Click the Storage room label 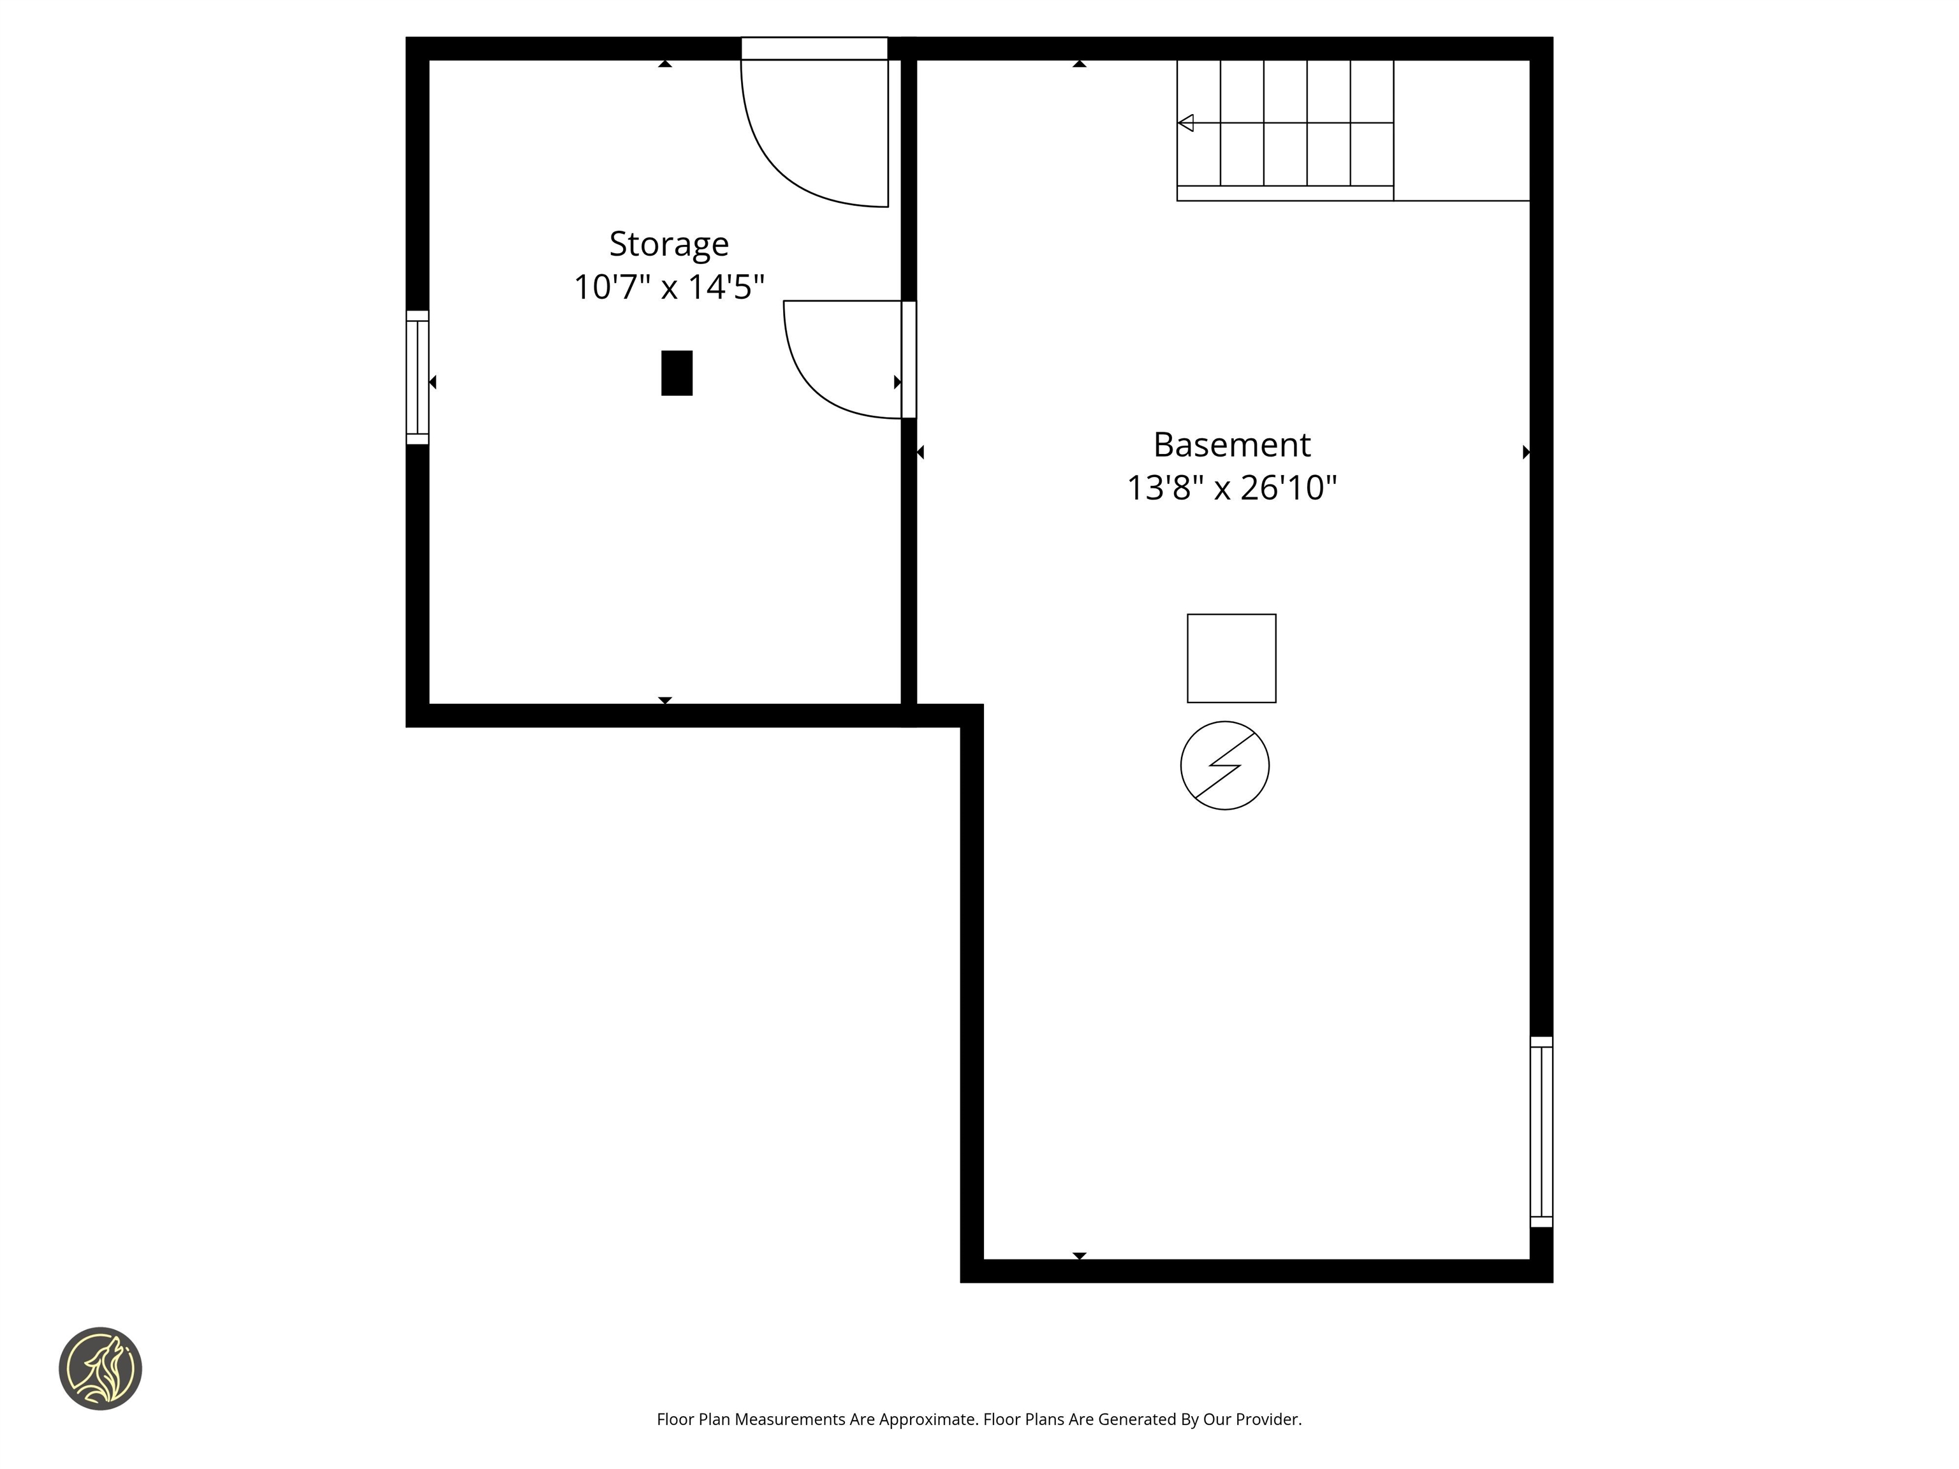(669, 244)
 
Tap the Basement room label (1231, 444)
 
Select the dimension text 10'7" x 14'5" (669, 287)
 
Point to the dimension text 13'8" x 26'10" (1231, 488)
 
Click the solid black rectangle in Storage (677, 373)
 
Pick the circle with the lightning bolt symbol (1225, 765)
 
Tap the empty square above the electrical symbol (1231, 658)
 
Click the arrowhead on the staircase (1186, 123)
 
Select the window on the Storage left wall (417, 377)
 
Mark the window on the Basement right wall (1541, 1132)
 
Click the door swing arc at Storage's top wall (797, 150)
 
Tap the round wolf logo (100, 1368)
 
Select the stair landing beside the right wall (1462, 130)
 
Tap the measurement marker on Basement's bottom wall (1079, 1255)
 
